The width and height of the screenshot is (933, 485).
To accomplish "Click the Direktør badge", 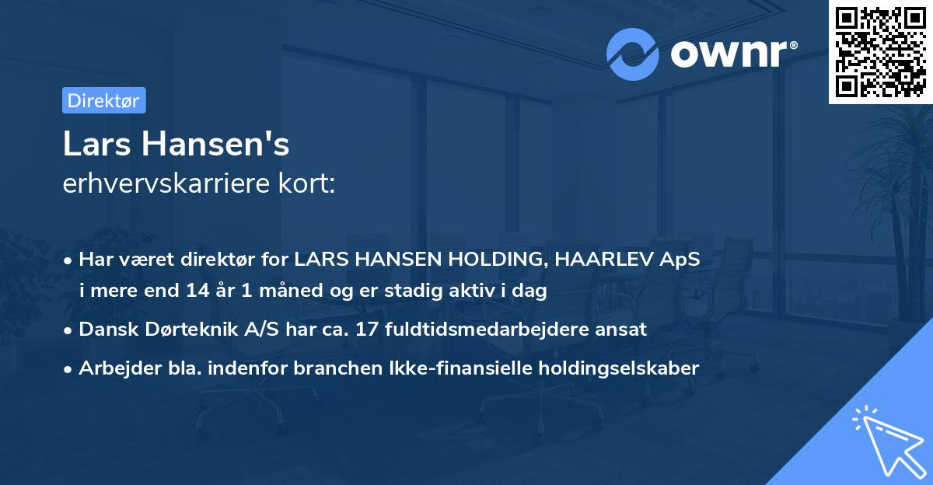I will (103, 100).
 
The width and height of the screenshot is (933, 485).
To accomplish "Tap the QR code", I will (880, 52).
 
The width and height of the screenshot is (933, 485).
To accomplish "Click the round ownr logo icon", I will (633, 54).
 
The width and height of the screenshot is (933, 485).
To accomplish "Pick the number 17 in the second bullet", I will (365, 329).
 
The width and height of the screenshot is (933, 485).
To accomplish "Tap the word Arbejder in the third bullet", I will (114, 368).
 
